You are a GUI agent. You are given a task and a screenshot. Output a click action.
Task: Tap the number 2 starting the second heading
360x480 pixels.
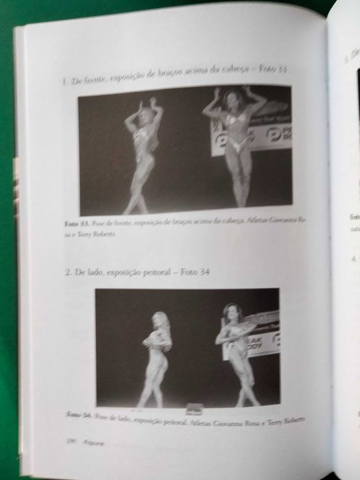point(68,272)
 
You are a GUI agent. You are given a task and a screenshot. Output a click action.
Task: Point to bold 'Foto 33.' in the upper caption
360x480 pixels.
point(71,224)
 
